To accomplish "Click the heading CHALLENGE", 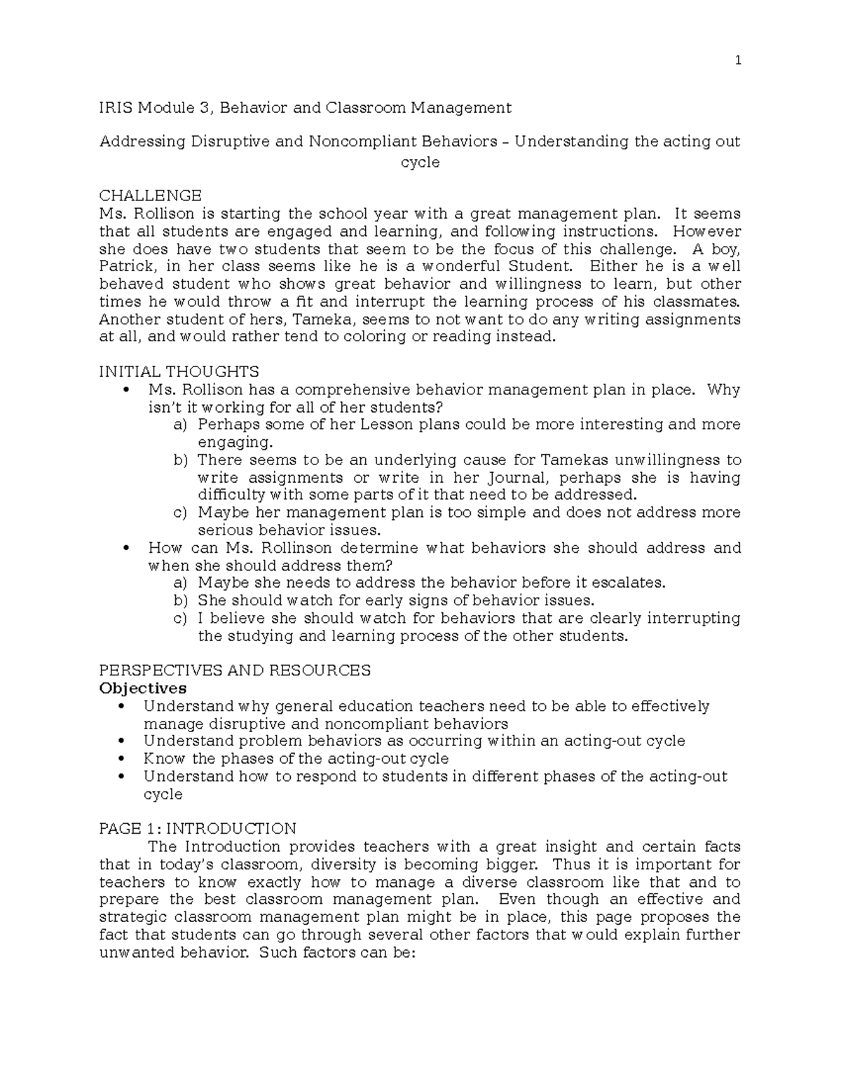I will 150,195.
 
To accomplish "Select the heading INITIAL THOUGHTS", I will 179,371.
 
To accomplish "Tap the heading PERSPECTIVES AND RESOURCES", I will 235,670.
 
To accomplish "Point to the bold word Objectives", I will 143,688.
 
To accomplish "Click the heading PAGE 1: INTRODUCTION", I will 198,829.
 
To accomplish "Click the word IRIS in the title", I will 116,108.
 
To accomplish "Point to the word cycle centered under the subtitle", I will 420,163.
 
